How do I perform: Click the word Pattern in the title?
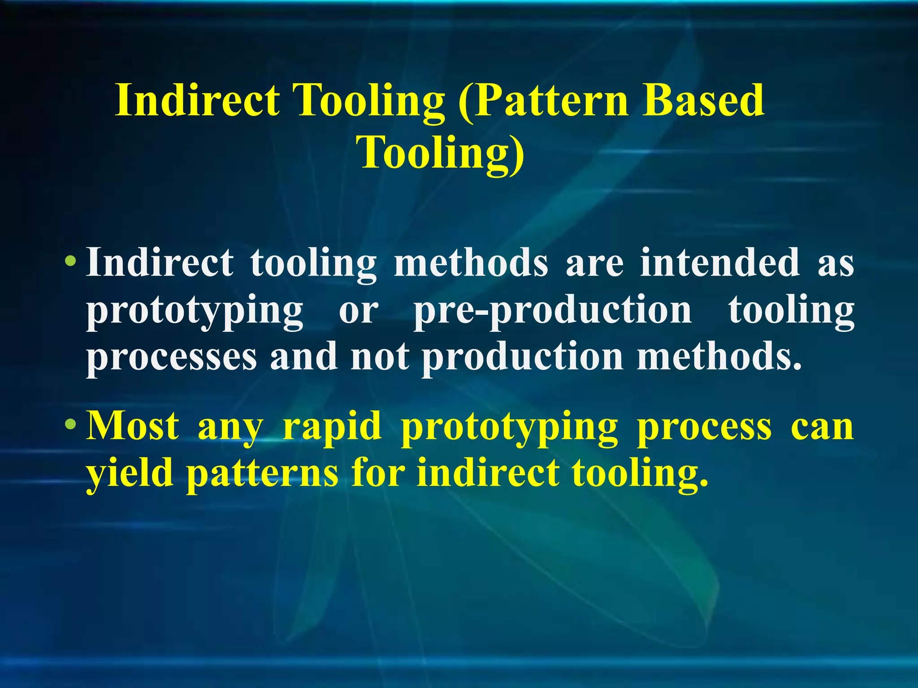545,101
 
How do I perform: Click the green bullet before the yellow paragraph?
70,425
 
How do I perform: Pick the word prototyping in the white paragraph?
195,312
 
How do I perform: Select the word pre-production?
553,312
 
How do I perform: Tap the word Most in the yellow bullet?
133,426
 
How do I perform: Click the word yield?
130,474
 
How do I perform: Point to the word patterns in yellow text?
262,474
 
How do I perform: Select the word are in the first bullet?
594,263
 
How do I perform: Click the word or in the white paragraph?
359,312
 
